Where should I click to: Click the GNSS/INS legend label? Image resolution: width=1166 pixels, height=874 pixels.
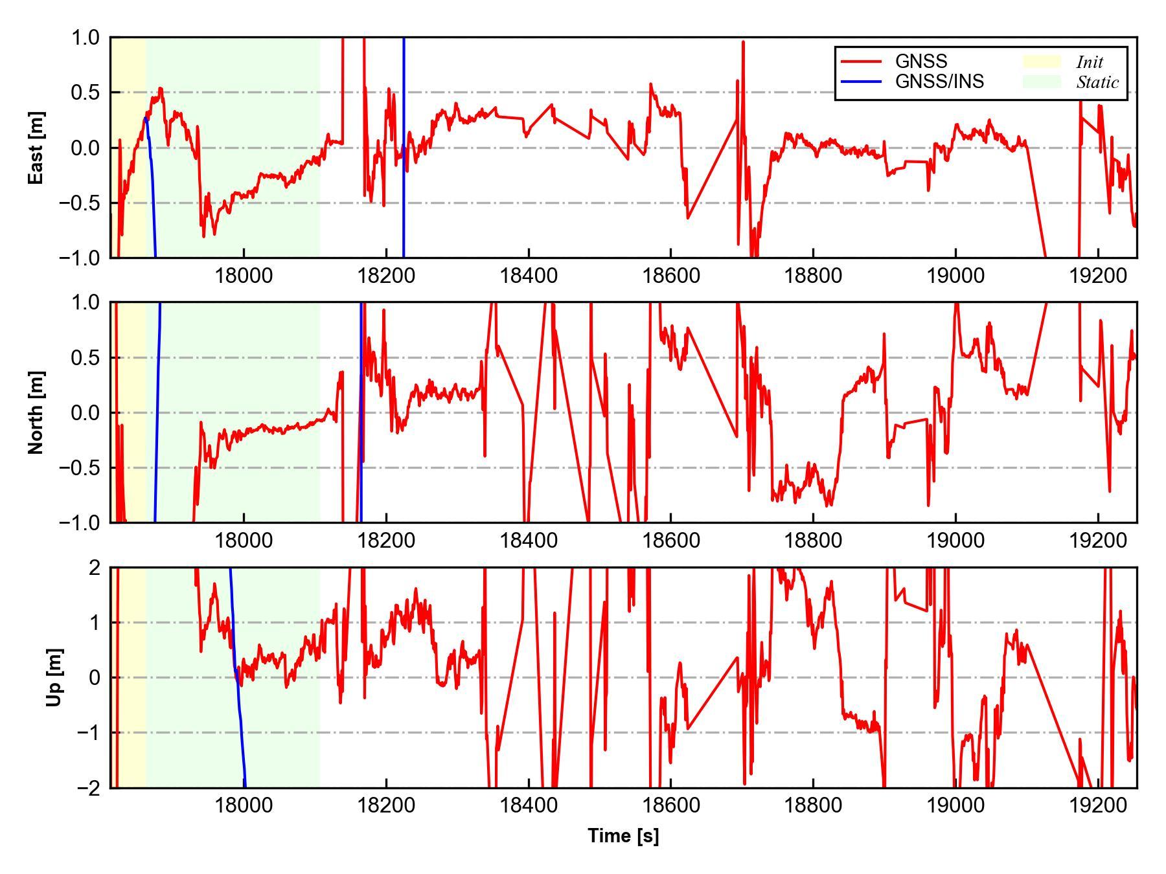click(939, 82)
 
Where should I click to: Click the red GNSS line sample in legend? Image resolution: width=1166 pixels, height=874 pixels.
click(861, 62)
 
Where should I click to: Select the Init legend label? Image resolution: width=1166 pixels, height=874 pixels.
click(1090, 62)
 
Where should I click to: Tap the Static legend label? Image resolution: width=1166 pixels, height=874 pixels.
click(1097, 82)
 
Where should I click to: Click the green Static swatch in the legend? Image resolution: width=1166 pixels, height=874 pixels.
click(1042, 82)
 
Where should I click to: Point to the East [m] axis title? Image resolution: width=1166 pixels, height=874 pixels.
click(36, 148)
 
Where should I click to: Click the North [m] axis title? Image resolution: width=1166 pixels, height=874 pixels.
click(36, 412)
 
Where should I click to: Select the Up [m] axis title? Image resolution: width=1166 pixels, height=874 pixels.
click(54, 677)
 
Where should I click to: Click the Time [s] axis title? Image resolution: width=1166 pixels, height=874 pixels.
click(623, 836)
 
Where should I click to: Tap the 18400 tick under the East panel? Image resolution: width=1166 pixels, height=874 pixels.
click(529, 276)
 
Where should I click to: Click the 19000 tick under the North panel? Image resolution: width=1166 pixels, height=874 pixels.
click(955, 541)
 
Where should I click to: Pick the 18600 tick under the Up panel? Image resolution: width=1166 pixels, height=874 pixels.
click(671, 806)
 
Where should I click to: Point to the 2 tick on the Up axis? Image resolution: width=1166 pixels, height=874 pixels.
click(95, 568)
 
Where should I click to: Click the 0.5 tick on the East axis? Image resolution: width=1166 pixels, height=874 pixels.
click(86, 93)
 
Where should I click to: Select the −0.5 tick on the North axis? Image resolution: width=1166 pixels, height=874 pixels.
click(80, 468)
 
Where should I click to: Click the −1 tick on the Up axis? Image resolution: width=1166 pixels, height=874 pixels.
click(89, 733)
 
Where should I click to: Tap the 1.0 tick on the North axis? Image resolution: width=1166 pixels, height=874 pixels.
click(86, 302)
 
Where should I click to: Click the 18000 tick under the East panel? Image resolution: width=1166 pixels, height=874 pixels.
click(244, 276)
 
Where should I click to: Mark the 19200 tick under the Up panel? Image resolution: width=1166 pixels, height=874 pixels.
click(1098, 806)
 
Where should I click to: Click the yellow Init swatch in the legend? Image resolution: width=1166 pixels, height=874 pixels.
click(1042, 62)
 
